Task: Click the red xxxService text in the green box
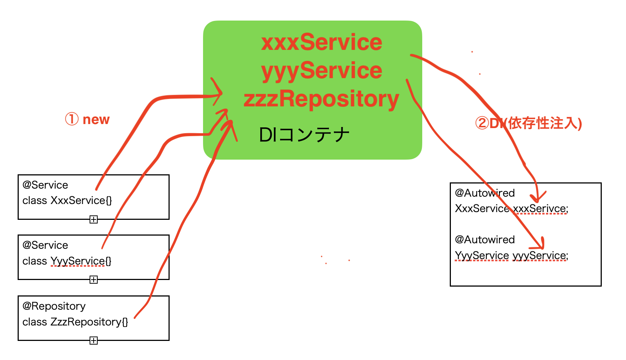tap(322, 42)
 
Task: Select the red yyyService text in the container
tap(322, 71)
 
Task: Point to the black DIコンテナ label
tap(304, 135)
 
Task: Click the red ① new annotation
tap(87, 119)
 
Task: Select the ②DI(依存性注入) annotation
tap(528, 123)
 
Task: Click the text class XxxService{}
tap(67, 200)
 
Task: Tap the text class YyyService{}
tap(67, 261)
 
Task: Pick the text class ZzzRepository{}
tap(75, 322)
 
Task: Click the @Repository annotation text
tap(54, 306)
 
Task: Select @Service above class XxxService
tap(45, 185)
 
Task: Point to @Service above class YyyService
tap(45, 245)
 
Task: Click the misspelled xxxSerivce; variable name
tap(540, 209)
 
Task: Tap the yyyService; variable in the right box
tap(540, 255)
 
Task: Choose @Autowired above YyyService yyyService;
tap(485, 240)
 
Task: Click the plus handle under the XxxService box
tap(94, 219)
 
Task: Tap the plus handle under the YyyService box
tap(94, 280)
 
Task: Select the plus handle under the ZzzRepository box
tap(94, 341)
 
